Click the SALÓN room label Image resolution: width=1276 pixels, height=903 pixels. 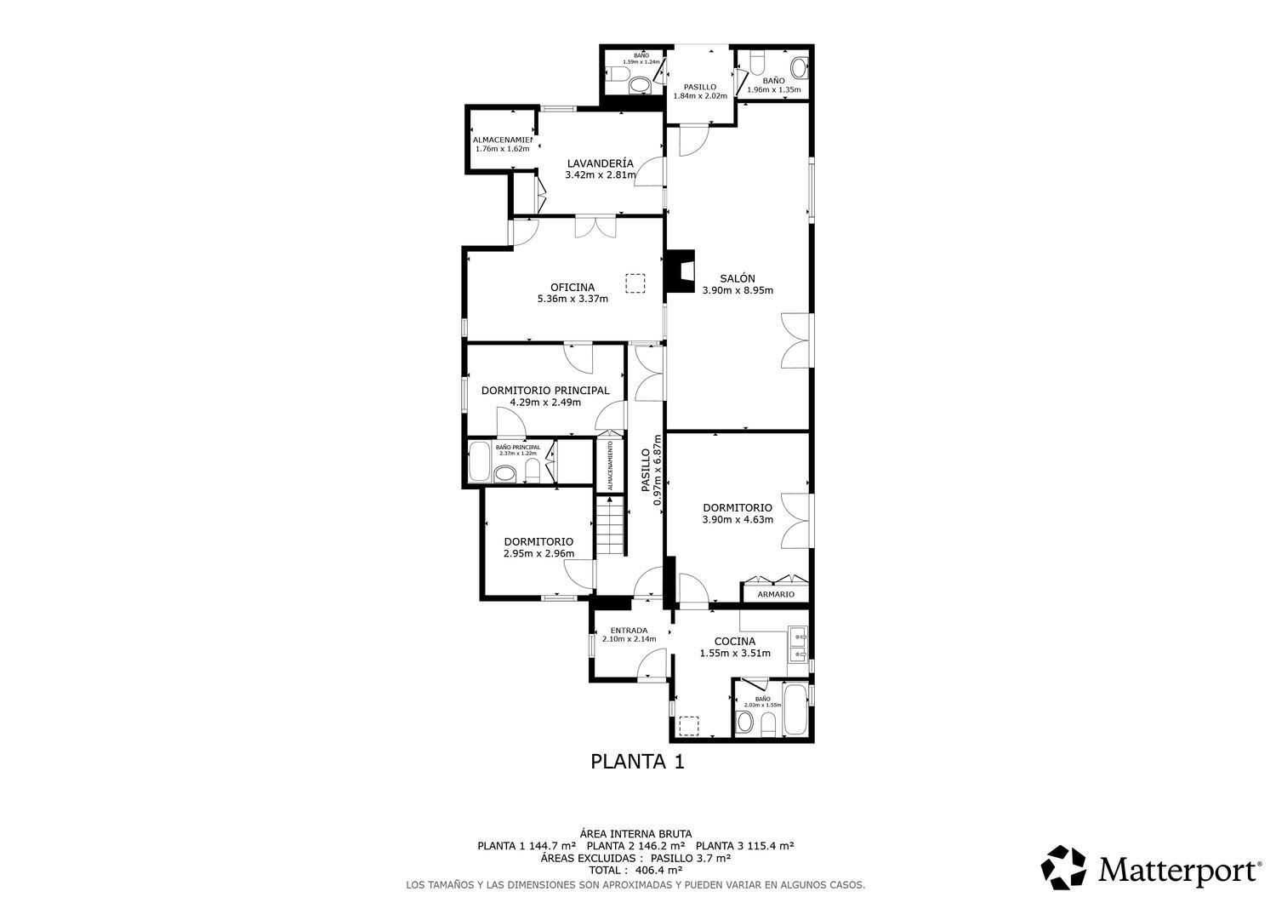[x=737, y=278]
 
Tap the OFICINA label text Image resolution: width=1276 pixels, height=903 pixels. [x=572, y=288]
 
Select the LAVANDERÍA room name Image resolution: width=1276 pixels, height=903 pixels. [x=600, y=163]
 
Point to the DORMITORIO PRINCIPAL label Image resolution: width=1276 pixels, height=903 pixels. [x=545, y=391]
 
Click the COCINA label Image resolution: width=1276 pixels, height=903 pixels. [x=734, y=642]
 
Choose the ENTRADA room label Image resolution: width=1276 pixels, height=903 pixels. [x=629, y=631]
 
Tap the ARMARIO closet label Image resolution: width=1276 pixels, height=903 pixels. [x=775, y=594]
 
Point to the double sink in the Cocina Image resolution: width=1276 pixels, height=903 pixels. [x=798, y=644]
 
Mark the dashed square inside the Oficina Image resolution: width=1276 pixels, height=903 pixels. [x=635, y=283]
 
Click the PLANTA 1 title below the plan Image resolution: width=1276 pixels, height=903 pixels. [x=637, y=762]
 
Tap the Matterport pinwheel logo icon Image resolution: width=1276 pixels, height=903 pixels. [x=1065, y=869]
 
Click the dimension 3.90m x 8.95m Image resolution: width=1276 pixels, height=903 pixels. [x=737, y=290]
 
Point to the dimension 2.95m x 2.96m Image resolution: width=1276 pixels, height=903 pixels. [x=538, y=554]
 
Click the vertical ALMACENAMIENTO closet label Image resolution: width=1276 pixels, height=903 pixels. [x=610, y=463]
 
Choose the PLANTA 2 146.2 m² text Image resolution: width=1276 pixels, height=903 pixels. [x=635, y=846]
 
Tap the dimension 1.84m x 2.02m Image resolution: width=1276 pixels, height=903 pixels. [x=700, y=96]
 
